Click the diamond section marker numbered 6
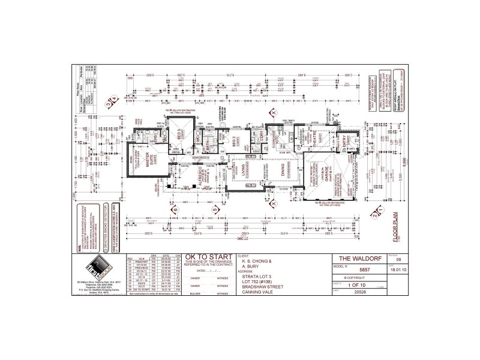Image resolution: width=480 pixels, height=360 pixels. click(175, 210)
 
